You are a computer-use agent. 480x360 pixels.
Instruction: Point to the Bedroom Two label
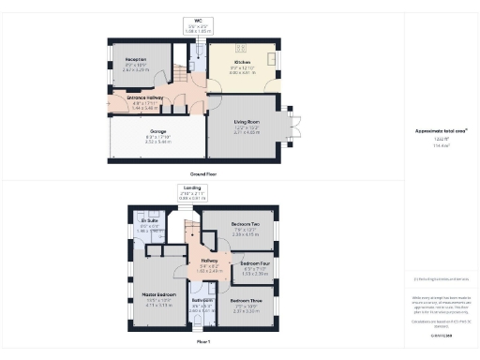[x=244, y=225]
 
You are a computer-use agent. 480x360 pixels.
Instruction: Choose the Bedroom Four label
[x=254, y=264]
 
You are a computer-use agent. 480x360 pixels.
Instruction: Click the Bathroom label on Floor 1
[x=202, y=301]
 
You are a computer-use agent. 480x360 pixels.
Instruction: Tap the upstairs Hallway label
[x=210, y=261]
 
